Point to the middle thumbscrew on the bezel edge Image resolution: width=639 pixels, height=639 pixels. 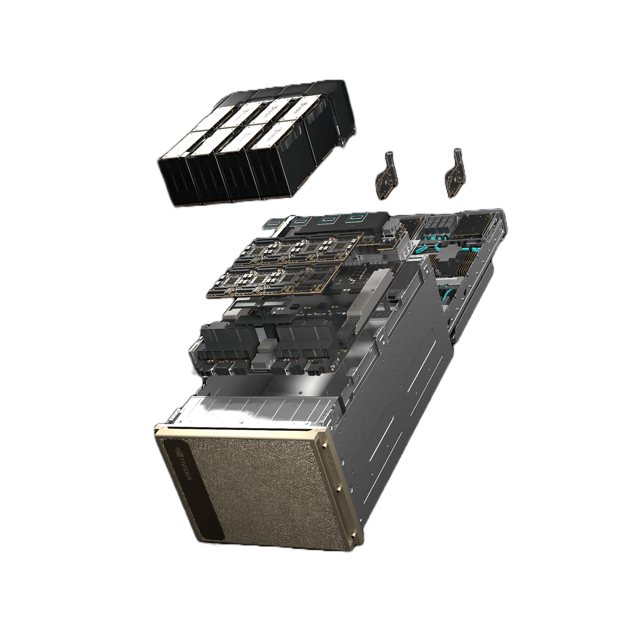pyautogui.click(x=338, y=488)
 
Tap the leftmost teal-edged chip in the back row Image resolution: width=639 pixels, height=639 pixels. pyautogui.click(x=304, y=219)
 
